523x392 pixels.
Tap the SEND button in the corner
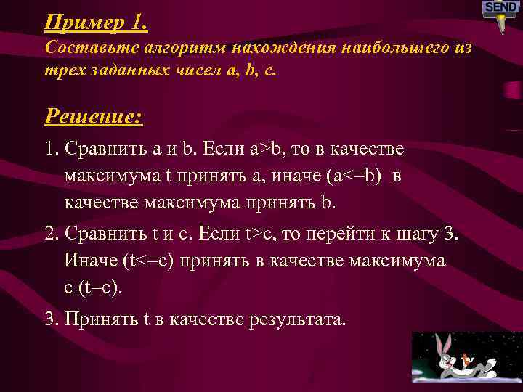(500, 7)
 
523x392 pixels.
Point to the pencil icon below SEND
(500, 23)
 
